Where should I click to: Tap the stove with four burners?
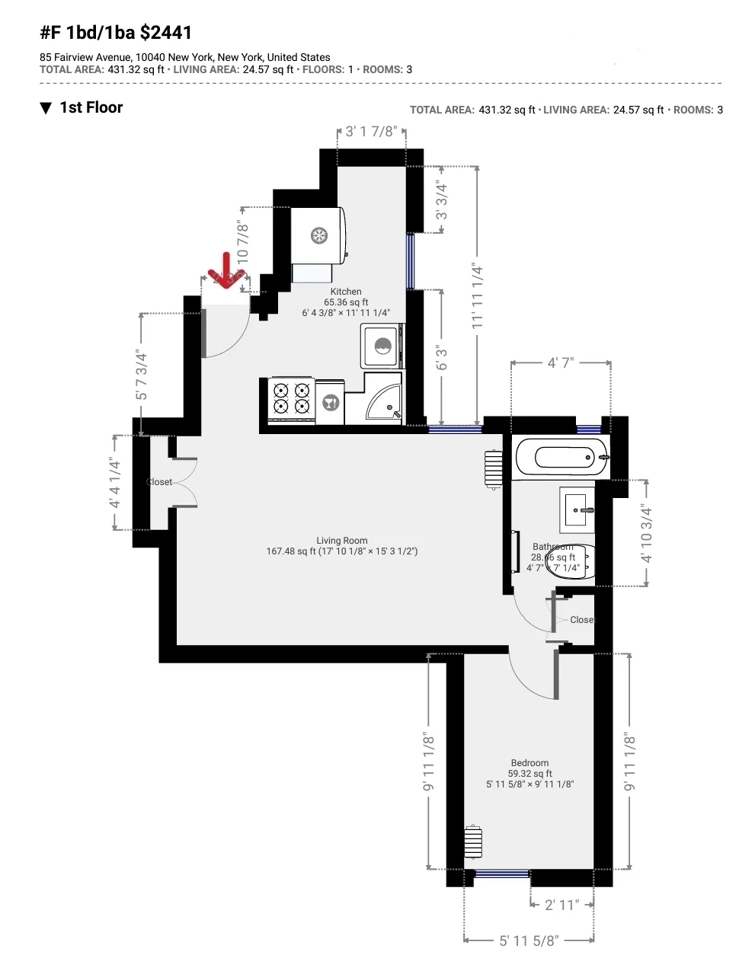click(x=292, y=399)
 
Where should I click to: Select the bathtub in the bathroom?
click(x=562, y=458)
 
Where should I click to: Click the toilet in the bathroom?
click(x=571, y=561)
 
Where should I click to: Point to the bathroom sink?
click(x=577, y=509)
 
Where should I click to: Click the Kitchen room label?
click(x=346, y=292)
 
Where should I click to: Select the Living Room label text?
click(x=342, y=541)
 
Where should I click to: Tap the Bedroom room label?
click(x=529, y=763)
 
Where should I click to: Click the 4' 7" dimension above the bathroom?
click(x=561, y=363)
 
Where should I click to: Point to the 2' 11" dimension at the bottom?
click(x=561, y=905)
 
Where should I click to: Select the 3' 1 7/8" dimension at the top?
click(x=371, y=132)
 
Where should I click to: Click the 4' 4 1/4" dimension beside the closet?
click(x=115, y=483)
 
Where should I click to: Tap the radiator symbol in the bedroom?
click(x=473, y=842)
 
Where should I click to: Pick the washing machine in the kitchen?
click(x=381, y=346)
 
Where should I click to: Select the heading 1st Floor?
click(x=91, y=108)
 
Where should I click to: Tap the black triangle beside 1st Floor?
click(x=46, y=108)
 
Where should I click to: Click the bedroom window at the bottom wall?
click(x=501, y=873)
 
